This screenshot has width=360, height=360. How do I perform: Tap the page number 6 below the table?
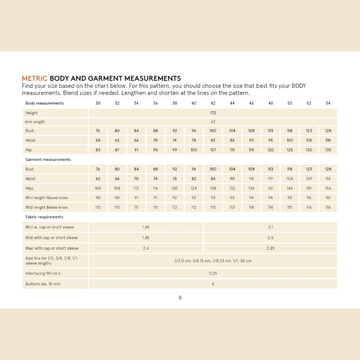tap(180, 298)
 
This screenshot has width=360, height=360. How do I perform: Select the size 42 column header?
tap(213, 103)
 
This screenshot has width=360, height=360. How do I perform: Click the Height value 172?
tap(213, 113)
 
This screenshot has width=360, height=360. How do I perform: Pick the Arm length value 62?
tap(213, 122)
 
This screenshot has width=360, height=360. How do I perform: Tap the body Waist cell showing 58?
tap(98, 140)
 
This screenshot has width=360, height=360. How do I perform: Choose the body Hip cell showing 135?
tap(328, 150)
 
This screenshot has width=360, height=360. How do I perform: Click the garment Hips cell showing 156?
tap(328, 188)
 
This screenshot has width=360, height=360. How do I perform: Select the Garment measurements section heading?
tap(48, 160)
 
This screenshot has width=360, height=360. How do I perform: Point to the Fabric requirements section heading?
tap(44, 217)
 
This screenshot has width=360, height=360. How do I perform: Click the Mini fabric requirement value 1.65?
tap(146, 227)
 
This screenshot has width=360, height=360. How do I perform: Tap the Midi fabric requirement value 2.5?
tap(270, 238)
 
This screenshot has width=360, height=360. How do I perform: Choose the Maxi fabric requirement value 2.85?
tap(270, 248)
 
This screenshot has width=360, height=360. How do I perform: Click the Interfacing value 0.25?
tap(213, 274)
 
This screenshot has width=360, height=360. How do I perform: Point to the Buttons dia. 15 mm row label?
tap(43, 284)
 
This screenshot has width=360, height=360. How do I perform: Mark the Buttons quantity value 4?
tap(213, 284)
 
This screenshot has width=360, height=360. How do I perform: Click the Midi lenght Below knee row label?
tap(46, 207)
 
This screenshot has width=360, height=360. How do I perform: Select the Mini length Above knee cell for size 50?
tap(290, 198)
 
